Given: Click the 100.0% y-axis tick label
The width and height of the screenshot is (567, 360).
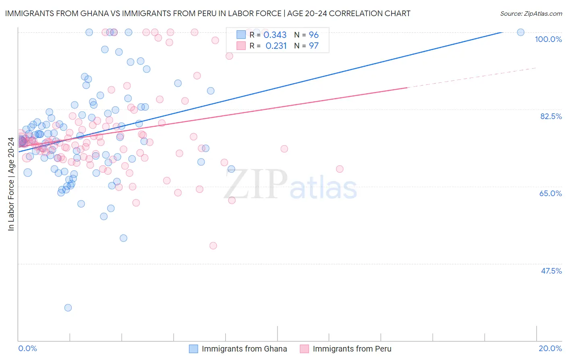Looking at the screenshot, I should pos(548,39).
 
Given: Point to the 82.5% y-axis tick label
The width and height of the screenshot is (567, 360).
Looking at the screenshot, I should pos(551,116).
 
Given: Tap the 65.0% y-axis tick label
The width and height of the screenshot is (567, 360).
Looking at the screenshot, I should pos(550,193).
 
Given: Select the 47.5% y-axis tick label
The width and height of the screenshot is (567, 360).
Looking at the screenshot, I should pos(551,271).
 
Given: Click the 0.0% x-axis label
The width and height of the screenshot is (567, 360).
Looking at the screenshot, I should pos(27,348).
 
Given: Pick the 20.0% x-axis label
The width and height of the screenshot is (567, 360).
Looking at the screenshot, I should pos(550,348).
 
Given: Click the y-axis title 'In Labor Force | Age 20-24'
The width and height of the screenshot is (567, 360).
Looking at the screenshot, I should pos(11,184).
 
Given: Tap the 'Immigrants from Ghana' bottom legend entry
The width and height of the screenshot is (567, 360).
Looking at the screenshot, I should pos(244,349).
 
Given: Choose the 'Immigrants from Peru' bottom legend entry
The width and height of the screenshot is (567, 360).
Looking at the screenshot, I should pos(352,349).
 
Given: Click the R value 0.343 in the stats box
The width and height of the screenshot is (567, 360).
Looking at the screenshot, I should pos(275,35).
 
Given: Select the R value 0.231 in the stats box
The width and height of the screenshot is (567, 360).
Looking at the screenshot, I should pos(276,46).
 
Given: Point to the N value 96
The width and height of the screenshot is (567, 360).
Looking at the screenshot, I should pos(313,35).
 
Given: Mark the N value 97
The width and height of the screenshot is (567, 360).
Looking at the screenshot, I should pos(313,46).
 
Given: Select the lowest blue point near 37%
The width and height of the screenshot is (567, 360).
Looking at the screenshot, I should pos(68,308).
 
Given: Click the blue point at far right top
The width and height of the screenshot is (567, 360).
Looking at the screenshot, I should pos(521,32).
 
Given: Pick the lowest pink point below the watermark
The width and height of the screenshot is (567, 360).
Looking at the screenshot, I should pos(213,245).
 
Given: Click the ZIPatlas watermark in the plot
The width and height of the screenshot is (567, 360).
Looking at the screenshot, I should pos(290,185).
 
